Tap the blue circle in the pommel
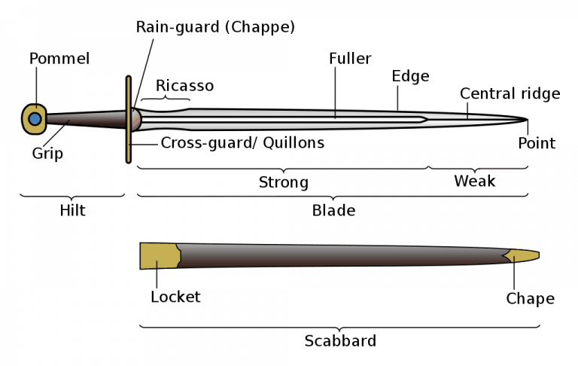[x=34, y=117]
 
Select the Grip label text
[x=47, y=154]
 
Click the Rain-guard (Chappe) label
[x=215, y=27]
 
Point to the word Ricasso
[x=184, y=86]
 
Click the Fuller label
[x=350, y=58]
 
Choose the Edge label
[x=410, y=76]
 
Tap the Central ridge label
[x=510, y=93]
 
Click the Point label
[x=537, y=143]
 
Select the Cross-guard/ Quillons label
[x=242, y=142]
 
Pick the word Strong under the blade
[x=284, y=182]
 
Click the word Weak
[x=475, y=181]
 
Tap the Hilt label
[x=72, y=211]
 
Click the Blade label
[x=333, y=211]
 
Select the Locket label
[x=175, y=297]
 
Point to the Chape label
[x=530, y=299]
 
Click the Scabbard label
[x=340, y=340]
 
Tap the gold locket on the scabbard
[x=158, y=256]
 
